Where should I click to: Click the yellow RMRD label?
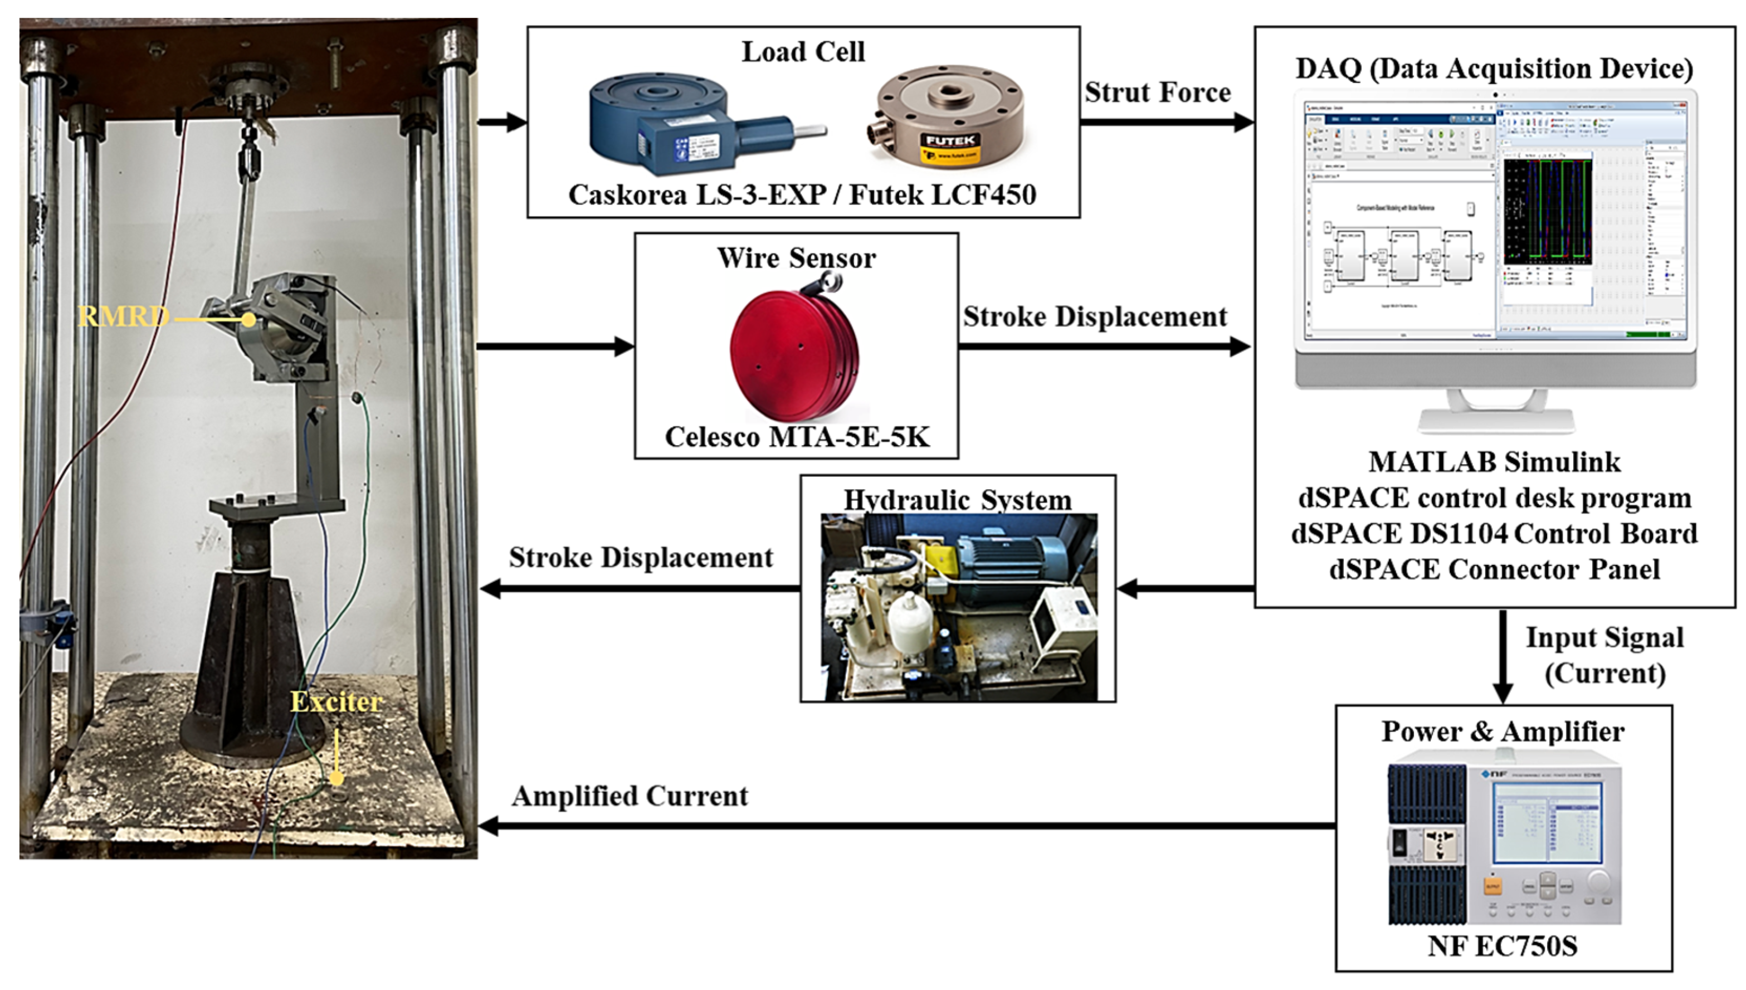123,316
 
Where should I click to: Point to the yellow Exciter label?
336,702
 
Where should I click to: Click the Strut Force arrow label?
1157,92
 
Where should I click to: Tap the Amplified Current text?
630,796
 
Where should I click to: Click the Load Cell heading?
803,52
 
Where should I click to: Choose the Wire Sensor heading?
796,259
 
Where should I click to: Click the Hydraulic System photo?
958,607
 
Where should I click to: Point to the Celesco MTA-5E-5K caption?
797,437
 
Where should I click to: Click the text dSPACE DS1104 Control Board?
1494,534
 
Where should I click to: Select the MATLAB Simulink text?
1494,462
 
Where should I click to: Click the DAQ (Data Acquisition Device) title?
1494,69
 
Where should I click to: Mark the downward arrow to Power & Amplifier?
1503,656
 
